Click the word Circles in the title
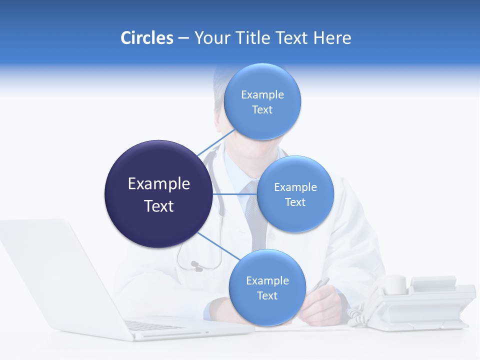tap(147, 38)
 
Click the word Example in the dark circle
tap(158, 184)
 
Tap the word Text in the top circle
tap(262, 109)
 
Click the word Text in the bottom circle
tap(267, 295)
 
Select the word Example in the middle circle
tap(295, 187)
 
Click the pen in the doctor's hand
tap(320, 284)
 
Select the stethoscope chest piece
tap(196, 265)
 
